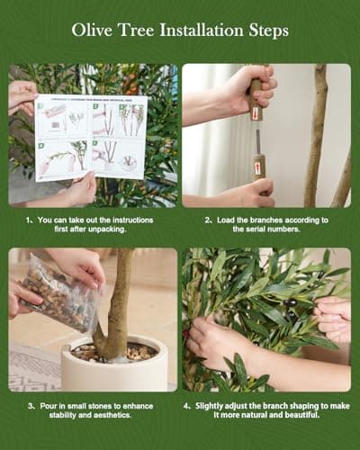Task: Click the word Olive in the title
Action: click(93, 31)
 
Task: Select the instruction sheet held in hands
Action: click(91, 137)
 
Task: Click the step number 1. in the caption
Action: click(30, 220)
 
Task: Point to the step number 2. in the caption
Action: click(206, 220)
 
